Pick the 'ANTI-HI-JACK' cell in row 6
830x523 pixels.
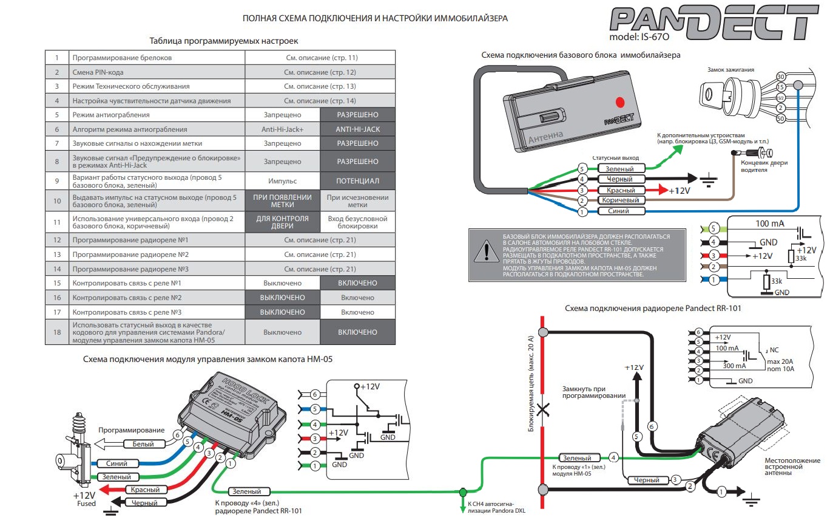[x=357, y=129]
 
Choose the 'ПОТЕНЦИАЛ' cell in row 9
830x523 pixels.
[x=357, y=181]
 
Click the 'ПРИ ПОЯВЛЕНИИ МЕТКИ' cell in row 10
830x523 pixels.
[x=282, y=200]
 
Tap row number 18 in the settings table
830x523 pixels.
[x=57, y=332]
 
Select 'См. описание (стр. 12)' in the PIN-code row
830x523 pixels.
[x=320, y=72]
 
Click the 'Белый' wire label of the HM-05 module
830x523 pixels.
[x=143, y=444]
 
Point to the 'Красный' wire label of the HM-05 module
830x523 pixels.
[x=145, y=490]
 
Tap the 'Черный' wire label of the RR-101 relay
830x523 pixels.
[x=646, y=480]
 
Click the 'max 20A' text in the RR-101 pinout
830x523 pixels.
[x=783, y=361]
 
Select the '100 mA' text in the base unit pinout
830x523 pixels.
[x=770, y=224]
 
